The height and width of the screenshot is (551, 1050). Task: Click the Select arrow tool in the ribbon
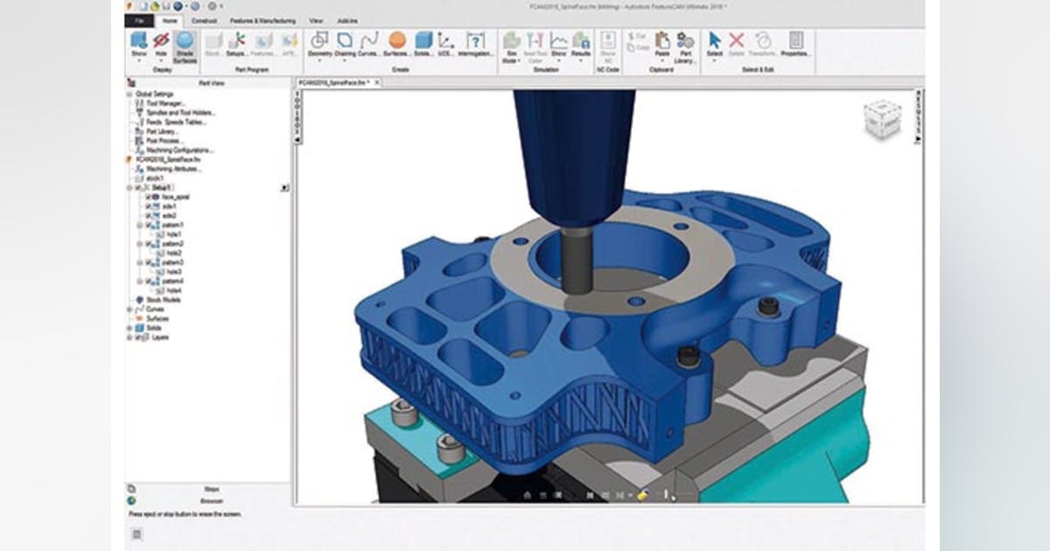click(x=714, y=44)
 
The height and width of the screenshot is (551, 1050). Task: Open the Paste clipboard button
click(x=662, y=44)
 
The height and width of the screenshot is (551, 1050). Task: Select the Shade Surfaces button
click(x=184, y=44)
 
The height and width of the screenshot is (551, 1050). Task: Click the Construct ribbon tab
click(x=204, y=20)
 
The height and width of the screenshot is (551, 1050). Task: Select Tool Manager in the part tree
click(x=163, y=103)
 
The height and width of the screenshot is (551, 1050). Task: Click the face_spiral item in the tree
click(x=175, y=197)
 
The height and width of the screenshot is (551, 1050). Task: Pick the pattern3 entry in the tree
click(x=172, y=262)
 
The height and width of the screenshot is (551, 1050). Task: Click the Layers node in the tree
click(x=159, y=337)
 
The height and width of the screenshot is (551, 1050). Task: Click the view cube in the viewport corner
click(x=881, y=120)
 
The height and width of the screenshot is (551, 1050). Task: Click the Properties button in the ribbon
click(x=794, y=44)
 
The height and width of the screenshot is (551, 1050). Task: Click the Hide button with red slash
click(x=160, y=44)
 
